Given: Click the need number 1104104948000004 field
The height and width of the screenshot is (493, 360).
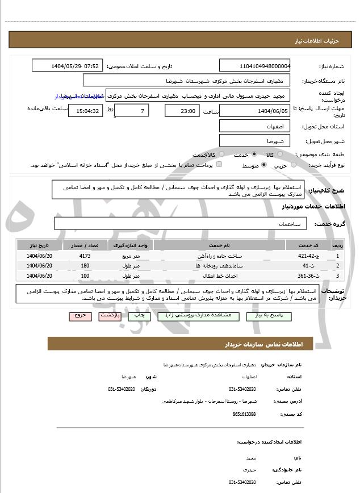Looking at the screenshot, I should [255, 65].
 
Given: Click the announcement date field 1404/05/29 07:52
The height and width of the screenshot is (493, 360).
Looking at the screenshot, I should [68, 65].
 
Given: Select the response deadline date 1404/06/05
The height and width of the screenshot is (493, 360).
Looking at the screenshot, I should [255, 110].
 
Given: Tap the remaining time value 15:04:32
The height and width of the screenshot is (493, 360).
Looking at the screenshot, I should [86, 110].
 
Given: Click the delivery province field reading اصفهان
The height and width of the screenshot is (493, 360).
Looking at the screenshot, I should [255, 126].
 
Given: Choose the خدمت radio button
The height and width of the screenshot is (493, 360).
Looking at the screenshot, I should [253, 154].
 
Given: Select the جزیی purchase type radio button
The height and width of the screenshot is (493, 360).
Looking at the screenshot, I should [294, 165].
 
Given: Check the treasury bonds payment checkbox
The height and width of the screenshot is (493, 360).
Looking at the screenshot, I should [219, 165].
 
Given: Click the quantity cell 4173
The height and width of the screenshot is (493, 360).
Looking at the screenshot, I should [85, 256].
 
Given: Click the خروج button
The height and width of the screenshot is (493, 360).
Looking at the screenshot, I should [79, 315].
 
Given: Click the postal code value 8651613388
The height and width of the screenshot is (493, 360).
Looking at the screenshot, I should [244, 414].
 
